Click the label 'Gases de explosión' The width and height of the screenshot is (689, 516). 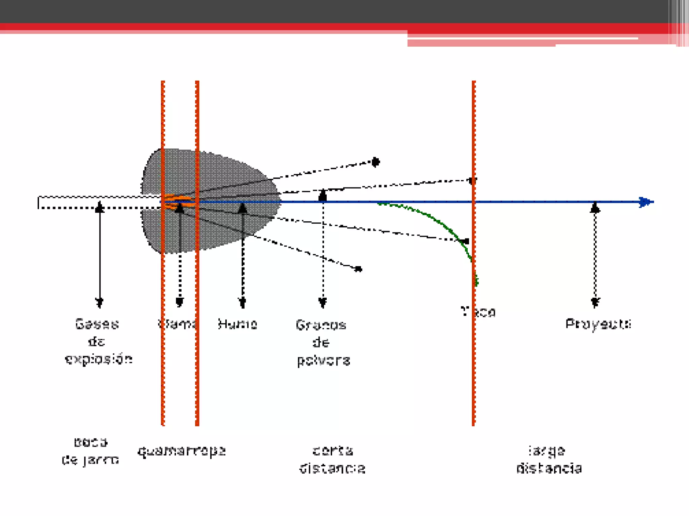tap(98, 342)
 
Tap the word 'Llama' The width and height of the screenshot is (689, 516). tap(177, 324)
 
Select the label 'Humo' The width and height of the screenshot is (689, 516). tap(238, 324)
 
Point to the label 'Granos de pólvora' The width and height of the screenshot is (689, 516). tap(323, 343)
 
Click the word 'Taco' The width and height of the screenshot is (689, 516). tap(478, 312)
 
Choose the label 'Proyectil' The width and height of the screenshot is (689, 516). tap(598, 324)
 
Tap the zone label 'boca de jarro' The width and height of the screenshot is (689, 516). tap(90, 451)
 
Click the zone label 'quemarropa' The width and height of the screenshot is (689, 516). tap(181, 451)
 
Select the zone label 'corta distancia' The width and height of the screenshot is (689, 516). tap(332, 459)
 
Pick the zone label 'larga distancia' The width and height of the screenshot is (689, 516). tap(549, 459)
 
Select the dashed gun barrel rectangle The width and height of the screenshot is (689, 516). tap(98, 202)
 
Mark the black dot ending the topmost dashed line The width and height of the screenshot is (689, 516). tap(375, 162)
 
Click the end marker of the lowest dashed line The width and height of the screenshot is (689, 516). tap(359, 269)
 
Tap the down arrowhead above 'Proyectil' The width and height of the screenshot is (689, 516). tap(595, 302)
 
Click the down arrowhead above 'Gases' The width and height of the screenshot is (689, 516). tap(99, 302)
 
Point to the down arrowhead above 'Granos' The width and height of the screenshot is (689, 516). tap(323, 302)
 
